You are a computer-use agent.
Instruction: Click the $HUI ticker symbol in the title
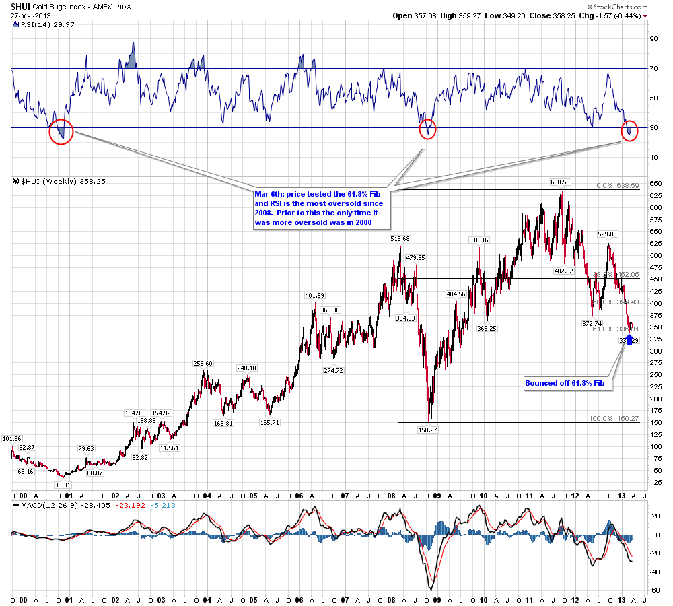[20, 5]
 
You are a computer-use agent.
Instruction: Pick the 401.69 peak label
[315, 295]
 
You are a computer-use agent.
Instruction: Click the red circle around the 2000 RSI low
[61, 131]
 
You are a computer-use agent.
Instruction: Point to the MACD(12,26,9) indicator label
[41, 506]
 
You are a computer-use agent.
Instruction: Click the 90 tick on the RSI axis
[653, 39]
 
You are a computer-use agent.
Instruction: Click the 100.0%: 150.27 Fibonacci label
[614, 418]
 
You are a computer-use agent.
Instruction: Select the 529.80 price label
[608, 234]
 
